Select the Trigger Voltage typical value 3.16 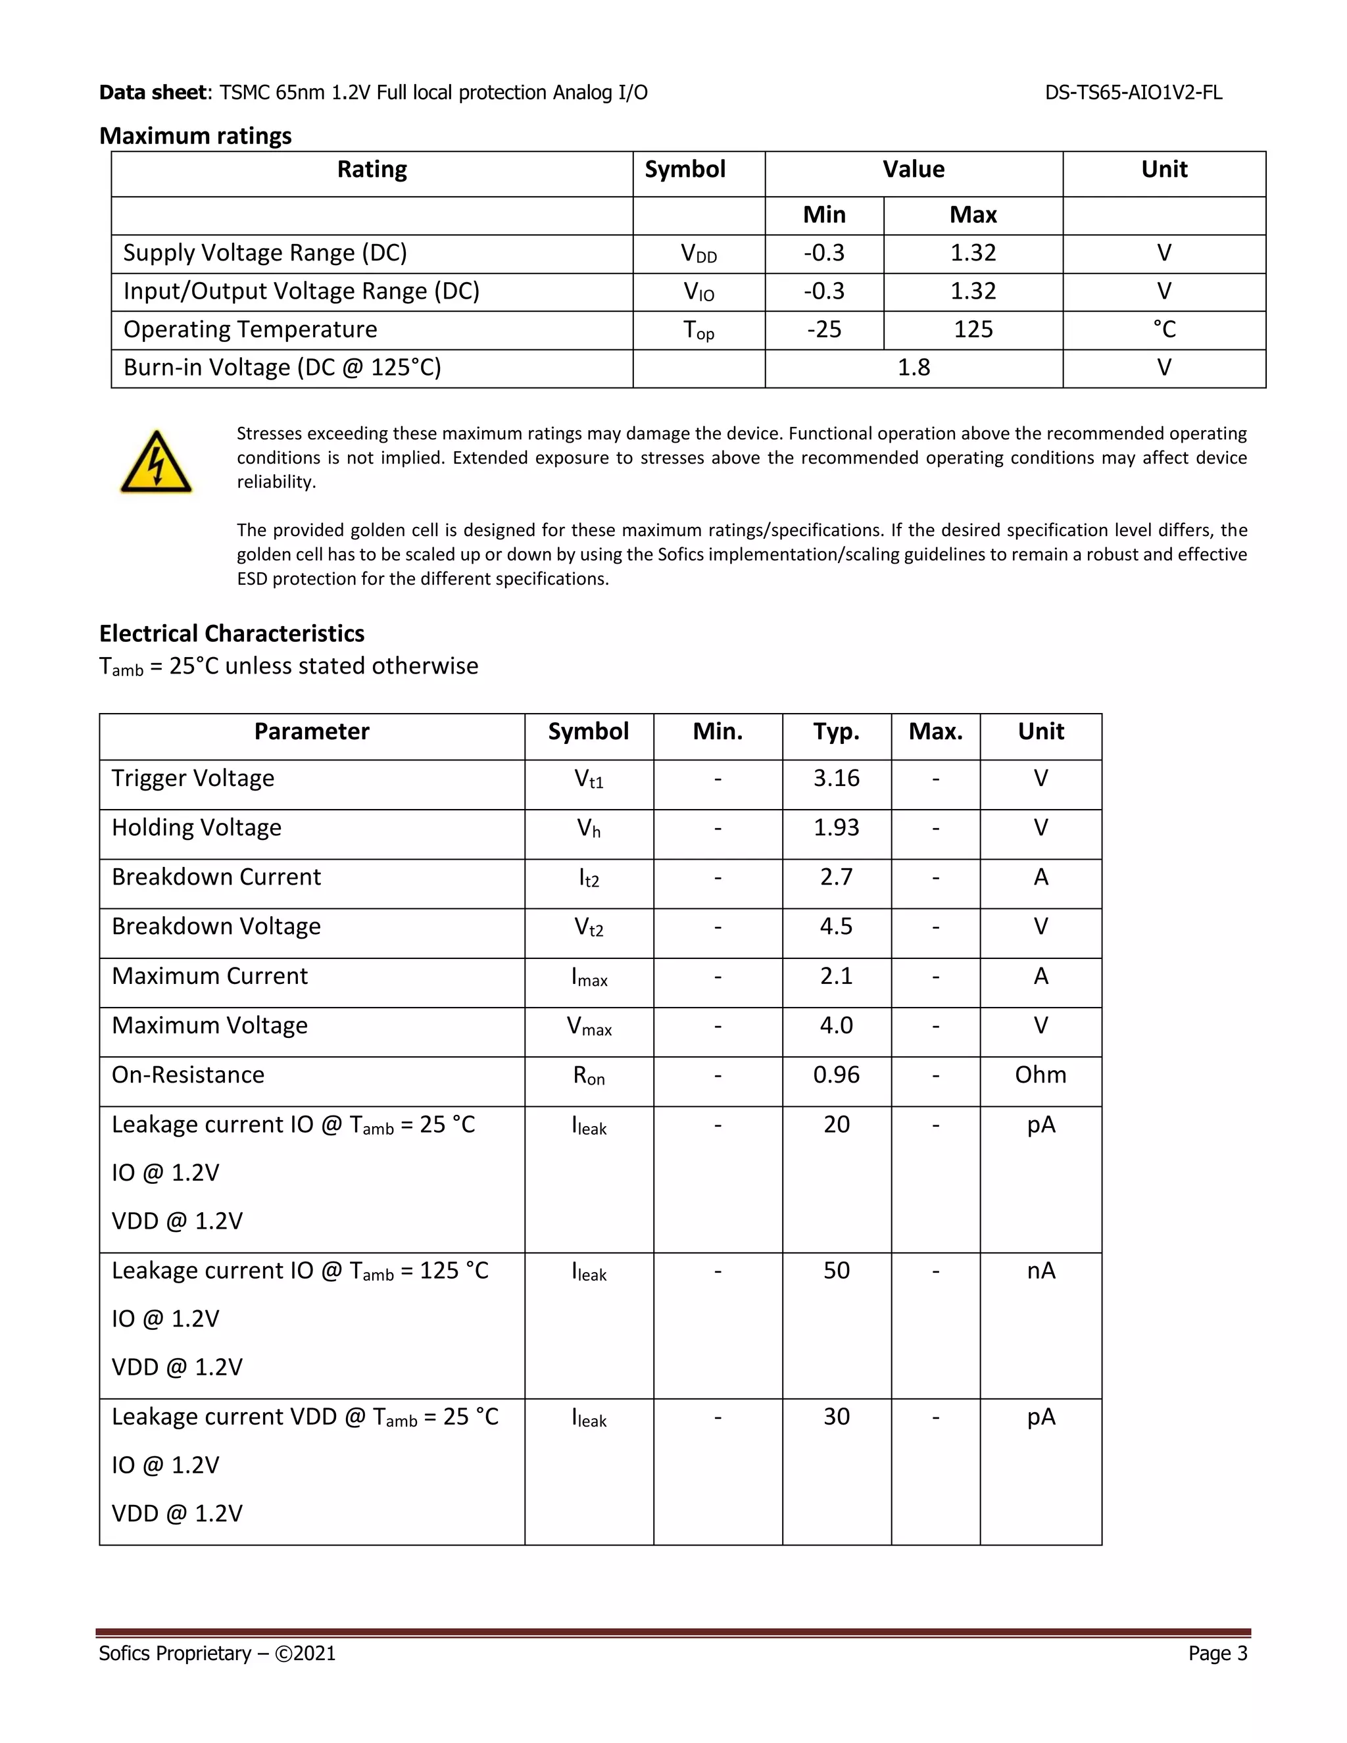click(x=837, y=778)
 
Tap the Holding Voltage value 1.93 click(x=837, y=827)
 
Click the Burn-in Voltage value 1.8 click(x=914, y=368)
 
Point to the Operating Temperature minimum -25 click(x=823, y=330)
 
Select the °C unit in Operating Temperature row click(x=1163, y=330)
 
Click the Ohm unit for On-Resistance click(x=1040, y=1075)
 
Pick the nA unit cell click(x=1041, y=1271)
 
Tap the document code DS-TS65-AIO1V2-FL click(x=1133, y=93)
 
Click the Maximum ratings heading click(x=195, y=136)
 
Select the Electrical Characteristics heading click(x=232, y=633)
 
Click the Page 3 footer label click(x=1217, y=1653)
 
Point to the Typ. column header click(x=837, y=732)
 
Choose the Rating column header click(x=372, y=170)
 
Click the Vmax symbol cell click(x=589, y=1026)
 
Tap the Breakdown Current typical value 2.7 click(x=837, y=877)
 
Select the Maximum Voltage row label click(x=210, y=1025)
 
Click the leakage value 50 click(x=837, y=1271)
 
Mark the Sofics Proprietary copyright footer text click(x=217, y=1653)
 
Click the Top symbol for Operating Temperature click(x=698, y=330)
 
